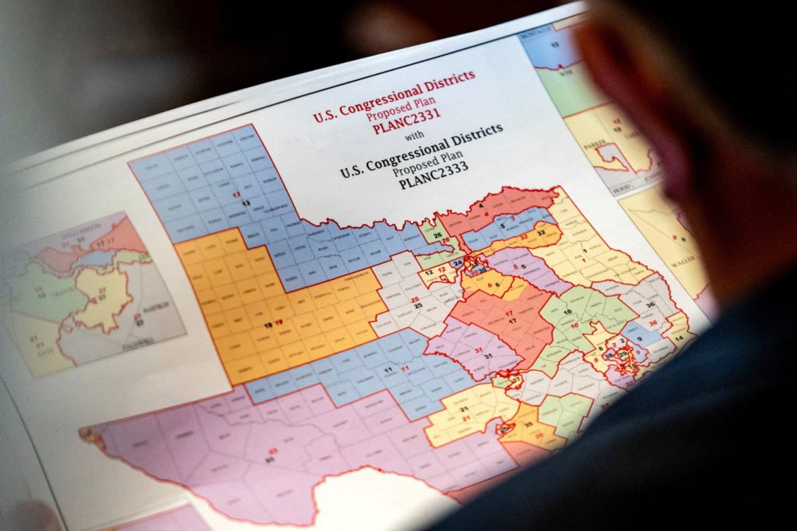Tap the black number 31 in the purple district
[488, 355]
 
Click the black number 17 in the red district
[511, 319]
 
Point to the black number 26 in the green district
[437, 234]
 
